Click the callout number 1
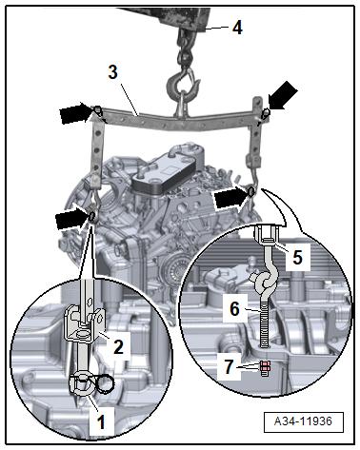[x=101, y=422]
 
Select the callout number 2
[x=118, y=347]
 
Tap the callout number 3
[x=113, y=72]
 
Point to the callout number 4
[x=237, y=28]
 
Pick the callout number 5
[x=297, y=257]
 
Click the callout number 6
[x=234, y=308]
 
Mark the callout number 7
[x=229, y=367]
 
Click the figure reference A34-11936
[x=303, y=421]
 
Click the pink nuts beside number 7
[x=266, y=367]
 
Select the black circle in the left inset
[x=105, y=383]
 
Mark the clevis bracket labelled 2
[x=85, y=323]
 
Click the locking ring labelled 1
[x=80, y=384]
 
